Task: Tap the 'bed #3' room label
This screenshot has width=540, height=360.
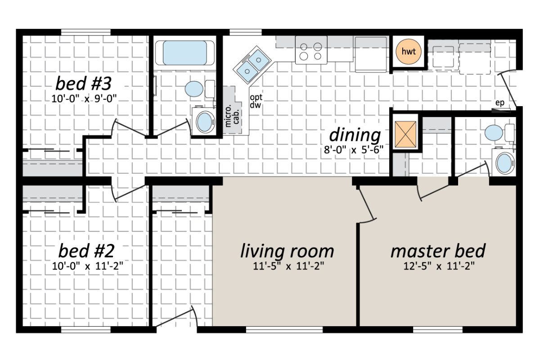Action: point(90,84)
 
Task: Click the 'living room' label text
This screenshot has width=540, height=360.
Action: point(287,251)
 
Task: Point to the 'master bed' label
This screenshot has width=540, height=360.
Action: point(438,251)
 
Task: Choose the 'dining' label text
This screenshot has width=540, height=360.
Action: point(355,135)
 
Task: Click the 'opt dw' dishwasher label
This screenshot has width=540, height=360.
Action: point(256,101)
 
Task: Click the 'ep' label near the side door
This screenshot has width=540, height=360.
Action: point(499,103)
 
